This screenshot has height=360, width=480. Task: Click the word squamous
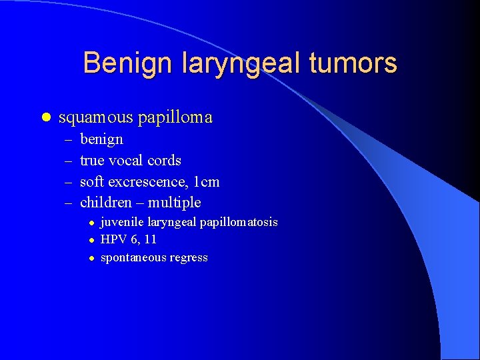(96, 118)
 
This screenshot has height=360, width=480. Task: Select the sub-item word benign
(101, 140)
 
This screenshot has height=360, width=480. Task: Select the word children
(107, 202)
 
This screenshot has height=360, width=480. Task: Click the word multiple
(174, 202)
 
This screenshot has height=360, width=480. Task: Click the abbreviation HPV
(112, 239)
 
